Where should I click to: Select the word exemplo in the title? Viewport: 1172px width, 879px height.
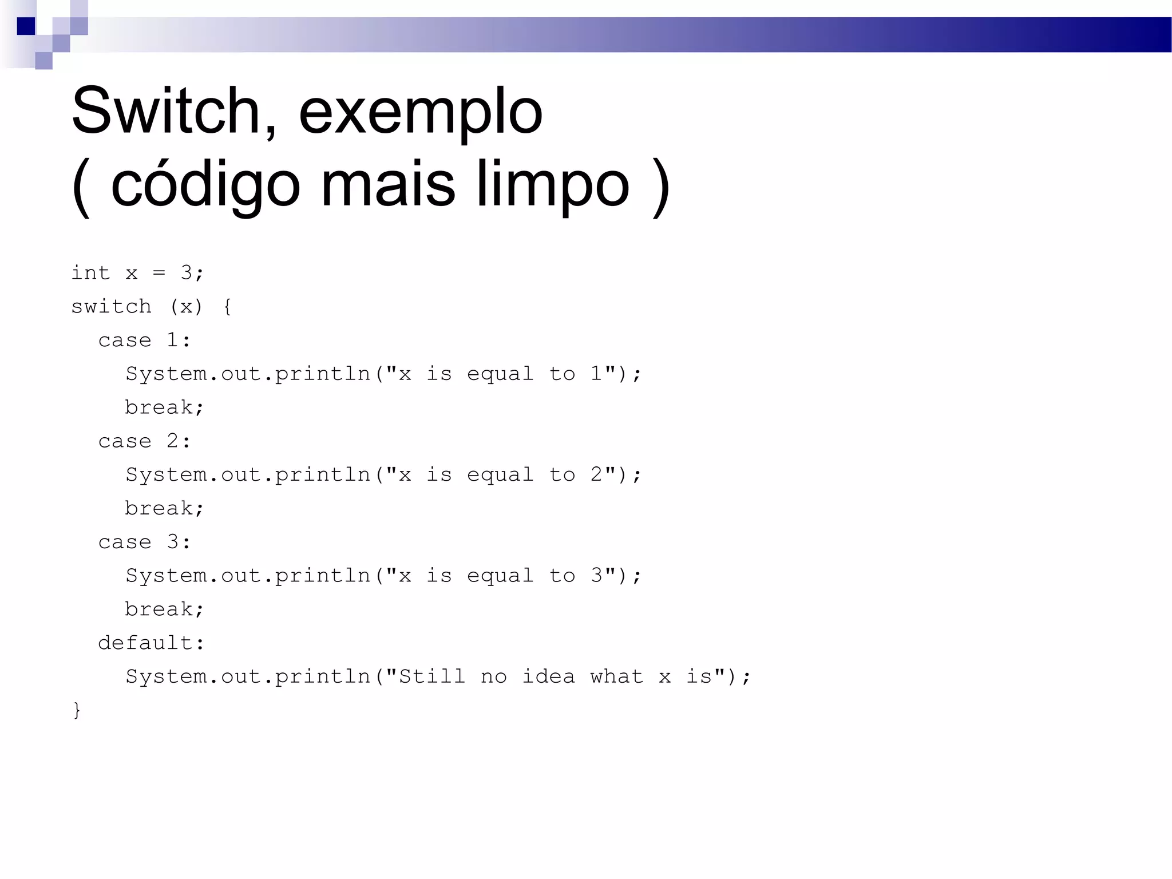(420, 112)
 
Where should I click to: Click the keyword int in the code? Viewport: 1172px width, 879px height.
(90, 273)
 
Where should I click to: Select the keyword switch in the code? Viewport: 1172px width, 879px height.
(111, 307)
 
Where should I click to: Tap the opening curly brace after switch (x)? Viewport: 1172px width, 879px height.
(228, 307)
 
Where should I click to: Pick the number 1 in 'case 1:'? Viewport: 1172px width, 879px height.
(172, 340)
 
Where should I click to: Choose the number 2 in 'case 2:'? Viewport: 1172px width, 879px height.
(172, 441)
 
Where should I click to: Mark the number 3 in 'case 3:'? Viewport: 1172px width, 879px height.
(172, 541)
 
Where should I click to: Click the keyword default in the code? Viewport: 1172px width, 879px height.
(145, 643)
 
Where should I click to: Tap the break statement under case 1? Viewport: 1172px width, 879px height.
(159, 407)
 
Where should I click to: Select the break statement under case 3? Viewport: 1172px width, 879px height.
(159, 609)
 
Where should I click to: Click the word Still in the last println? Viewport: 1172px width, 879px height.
(432, 676)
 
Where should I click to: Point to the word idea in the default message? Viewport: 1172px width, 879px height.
(548, 676)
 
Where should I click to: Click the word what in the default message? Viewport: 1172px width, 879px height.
(617, 676)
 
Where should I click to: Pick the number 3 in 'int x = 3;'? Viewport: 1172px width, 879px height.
(187, 273)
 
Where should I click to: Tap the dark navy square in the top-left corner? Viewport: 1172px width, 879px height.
(26, 26)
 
